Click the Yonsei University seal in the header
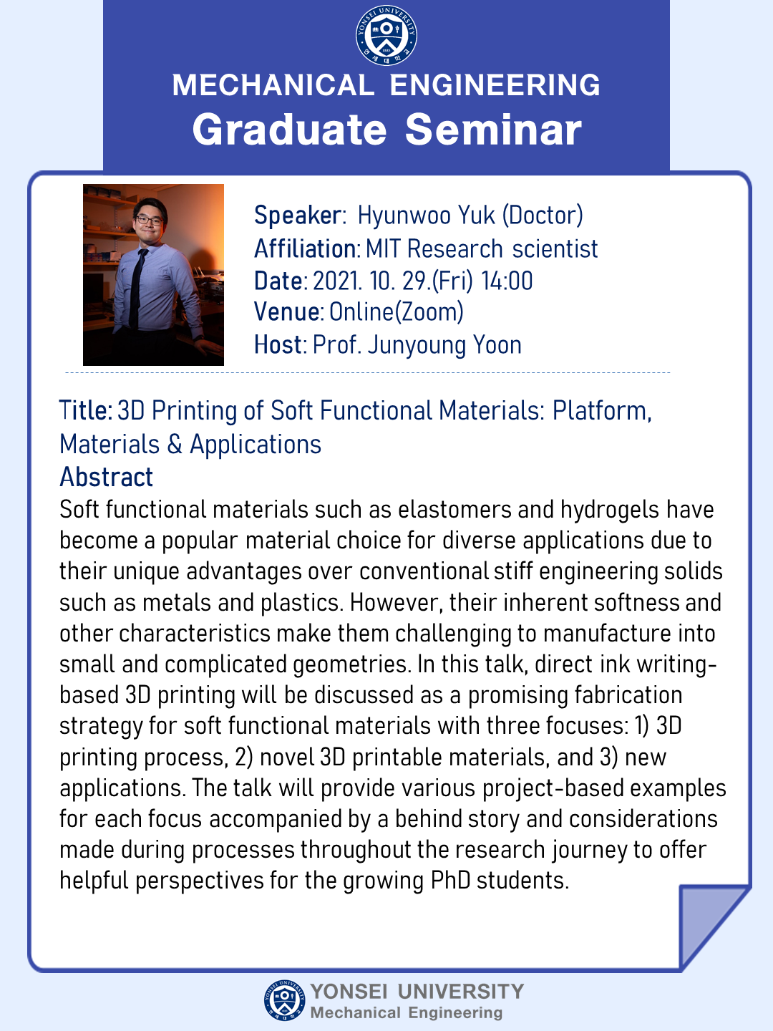coord(386,35)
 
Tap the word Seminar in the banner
coord(493,130)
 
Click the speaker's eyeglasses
coord(149,219)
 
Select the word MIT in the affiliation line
coord(382,249)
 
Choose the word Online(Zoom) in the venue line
coord(396,312)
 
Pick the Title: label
coord(85,410)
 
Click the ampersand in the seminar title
coord(175,445)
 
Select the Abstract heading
coord(106,478)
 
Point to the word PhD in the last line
coord(450,881)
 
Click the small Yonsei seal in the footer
coord(284,1000)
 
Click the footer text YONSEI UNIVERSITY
coord(417,992)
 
